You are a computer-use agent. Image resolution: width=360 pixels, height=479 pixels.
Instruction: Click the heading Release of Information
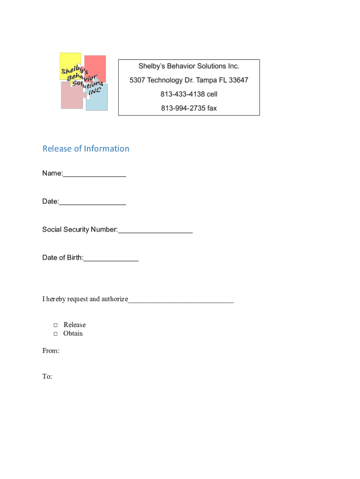point(86,149)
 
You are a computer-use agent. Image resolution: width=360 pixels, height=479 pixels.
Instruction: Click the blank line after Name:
point(94,174)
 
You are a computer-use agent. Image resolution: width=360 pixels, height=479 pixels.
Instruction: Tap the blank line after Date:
point(93,202)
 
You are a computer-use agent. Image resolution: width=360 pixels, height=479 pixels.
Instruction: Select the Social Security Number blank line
point(155,230)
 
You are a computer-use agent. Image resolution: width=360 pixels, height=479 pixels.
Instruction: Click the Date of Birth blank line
point(111,258)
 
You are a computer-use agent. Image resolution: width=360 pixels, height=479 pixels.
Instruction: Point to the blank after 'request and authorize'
point(181,300)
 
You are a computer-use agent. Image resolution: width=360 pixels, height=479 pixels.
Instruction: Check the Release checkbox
point(55,325)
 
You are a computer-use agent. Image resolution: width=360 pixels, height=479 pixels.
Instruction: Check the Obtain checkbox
point(55,334)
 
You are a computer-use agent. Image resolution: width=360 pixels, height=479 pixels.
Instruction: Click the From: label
point(51,351)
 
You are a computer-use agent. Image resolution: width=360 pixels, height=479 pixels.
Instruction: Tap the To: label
point(47,377)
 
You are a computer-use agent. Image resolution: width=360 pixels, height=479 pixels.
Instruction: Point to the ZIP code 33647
point(238,80)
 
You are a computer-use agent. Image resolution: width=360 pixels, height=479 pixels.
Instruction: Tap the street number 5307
point(137,80)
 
